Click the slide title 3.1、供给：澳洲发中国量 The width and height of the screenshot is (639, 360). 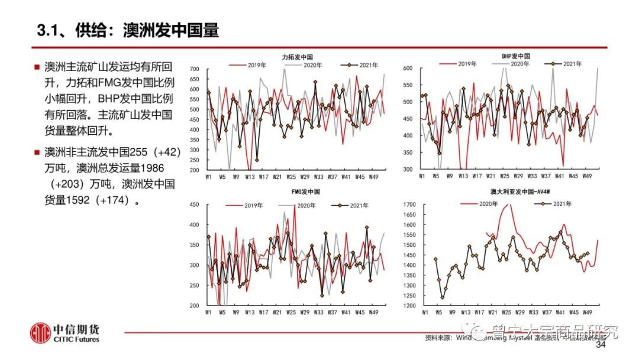coord(128,31)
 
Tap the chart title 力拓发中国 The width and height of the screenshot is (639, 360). coord(298,57)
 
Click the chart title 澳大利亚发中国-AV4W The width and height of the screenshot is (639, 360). coord(513,192)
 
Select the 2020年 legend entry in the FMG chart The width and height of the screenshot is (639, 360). coord(302,205)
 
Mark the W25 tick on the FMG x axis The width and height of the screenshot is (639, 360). coord(291,311)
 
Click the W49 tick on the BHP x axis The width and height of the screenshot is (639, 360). coord(588,176)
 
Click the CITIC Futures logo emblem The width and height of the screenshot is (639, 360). coord(41,333)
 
